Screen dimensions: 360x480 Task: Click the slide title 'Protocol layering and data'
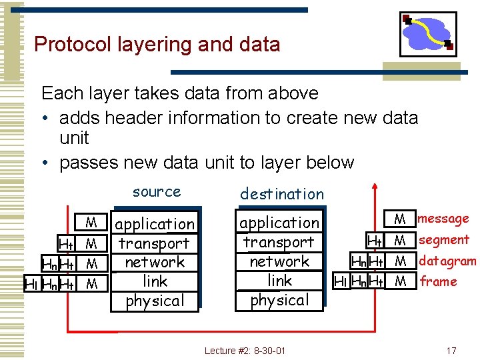coord(157,45)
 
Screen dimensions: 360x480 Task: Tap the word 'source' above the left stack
coord(157,192)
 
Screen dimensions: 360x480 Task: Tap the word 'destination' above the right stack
coord(281,194)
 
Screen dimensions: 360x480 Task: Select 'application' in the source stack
coord(155,224)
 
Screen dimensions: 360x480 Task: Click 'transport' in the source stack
coord(155,243)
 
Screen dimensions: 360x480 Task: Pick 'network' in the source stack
coord(155,262)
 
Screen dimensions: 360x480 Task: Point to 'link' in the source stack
coord(155,281)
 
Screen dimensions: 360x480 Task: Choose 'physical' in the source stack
coord(155,301)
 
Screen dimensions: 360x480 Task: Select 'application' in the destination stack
coord(279,223)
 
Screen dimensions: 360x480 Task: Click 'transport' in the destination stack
coord(279,242)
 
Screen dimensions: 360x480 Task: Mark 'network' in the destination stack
coord(279,261)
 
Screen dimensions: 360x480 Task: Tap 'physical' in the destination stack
coord(279,300)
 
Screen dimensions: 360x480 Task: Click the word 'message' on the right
coord(443,219)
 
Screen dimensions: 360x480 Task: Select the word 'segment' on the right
coord(444,240)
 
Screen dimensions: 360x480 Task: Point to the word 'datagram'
coord(447,261)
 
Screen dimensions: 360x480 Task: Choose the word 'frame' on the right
coord(439,281)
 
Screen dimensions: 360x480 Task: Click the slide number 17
coord(451,350)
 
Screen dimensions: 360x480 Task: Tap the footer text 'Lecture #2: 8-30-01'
coord(245,350)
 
